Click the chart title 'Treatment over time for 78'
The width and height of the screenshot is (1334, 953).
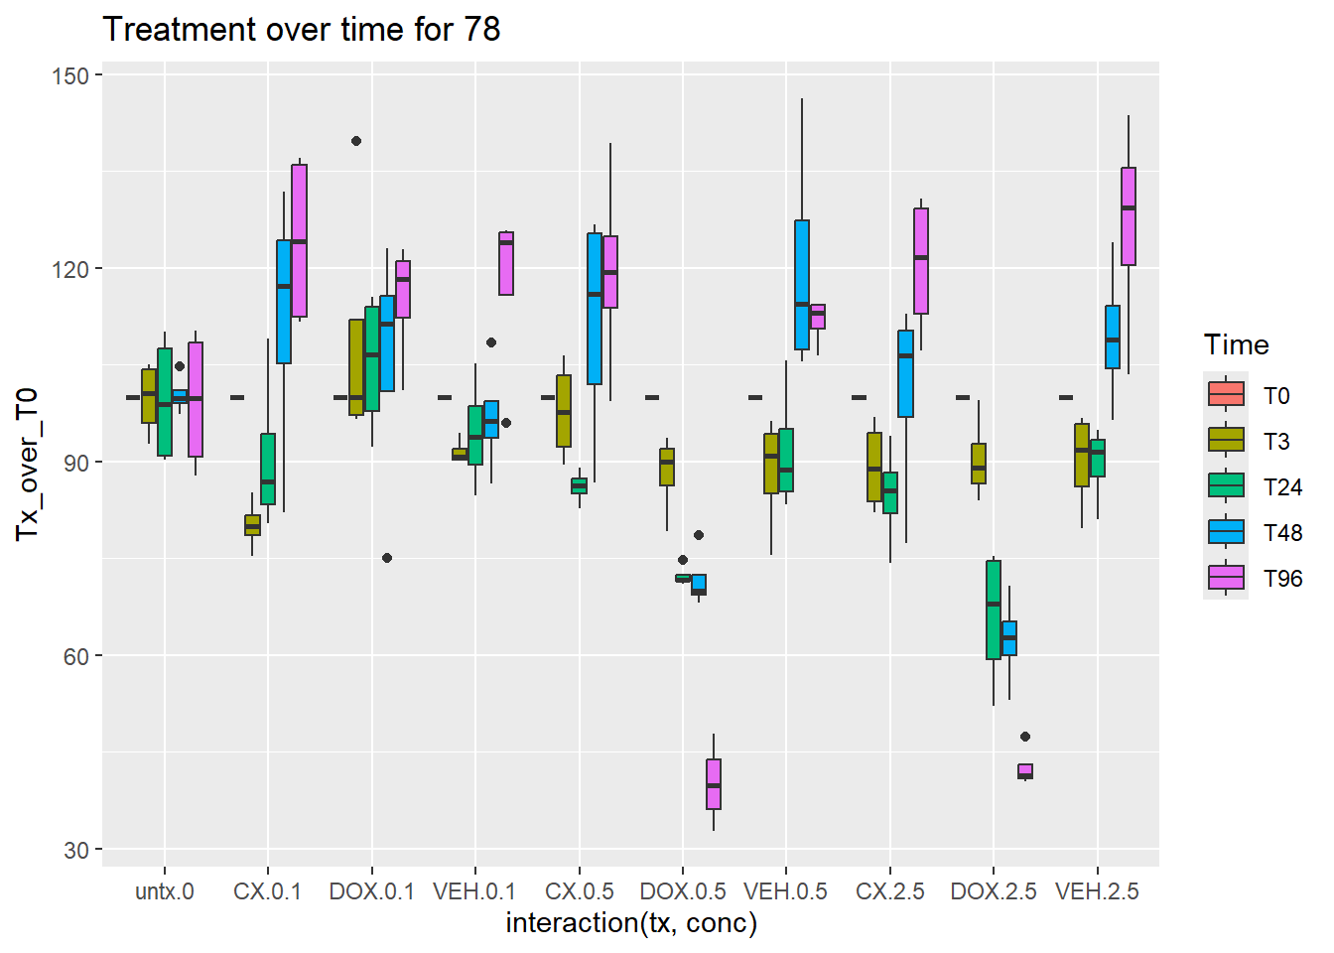point(302,30)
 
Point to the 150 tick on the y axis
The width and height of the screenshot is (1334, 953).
point(76,76)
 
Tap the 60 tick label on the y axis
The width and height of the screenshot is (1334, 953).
point(76,656)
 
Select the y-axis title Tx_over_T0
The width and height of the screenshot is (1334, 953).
point(27,464)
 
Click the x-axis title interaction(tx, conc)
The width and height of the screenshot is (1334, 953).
point(631,923)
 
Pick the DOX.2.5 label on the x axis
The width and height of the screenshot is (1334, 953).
point(994,891)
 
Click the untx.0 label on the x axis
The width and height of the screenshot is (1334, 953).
point(165,891)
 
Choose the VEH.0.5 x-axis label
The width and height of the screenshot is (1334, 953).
point(786,891)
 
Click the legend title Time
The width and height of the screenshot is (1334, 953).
point(1237,345)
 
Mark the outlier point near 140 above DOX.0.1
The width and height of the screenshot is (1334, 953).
point(356,141)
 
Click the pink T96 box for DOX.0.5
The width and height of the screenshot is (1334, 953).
point(714,784)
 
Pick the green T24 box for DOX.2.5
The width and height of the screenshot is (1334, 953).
point(994,610)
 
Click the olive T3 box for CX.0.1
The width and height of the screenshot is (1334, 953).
point(252,525)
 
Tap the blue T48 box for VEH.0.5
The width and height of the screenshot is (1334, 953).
point(802,285)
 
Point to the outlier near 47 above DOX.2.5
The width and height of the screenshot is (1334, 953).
point(1025,737)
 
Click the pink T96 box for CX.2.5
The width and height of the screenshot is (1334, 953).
point(921,261)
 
